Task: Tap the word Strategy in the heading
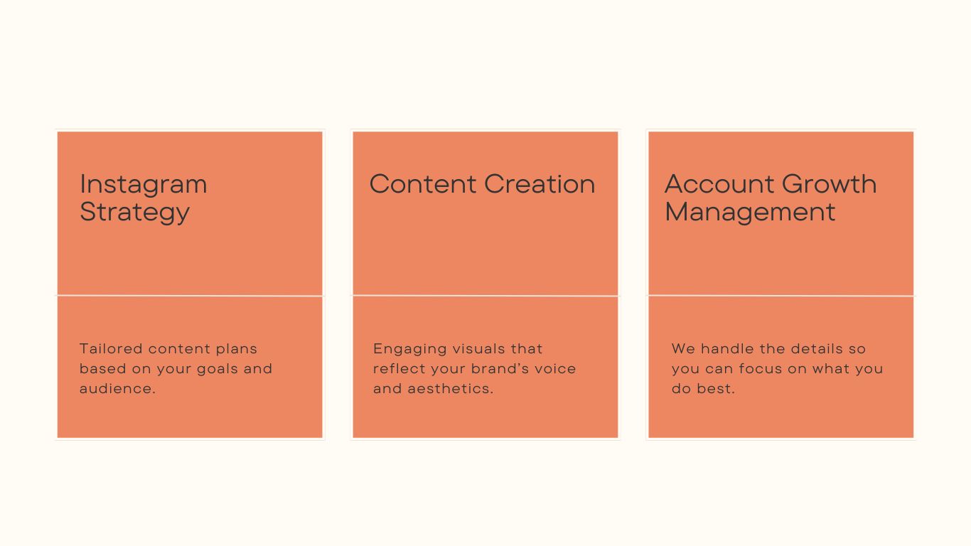pos(135,213)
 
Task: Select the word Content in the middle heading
pos(423,184)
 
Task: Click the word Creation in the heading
pos(540,184)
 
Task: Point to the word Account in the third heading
pos(719,184)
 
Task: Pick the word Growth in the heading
pos(830,184)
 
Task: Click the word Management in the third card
pos(750,213)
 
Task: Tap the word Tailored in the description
pos(111,348)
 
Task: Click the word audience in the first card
pos(116,389)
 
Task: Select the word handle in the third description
pos(727,348)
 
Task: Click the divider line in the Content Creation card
pos(485,296)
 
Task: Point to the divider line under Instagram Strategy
pos(190,296)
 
